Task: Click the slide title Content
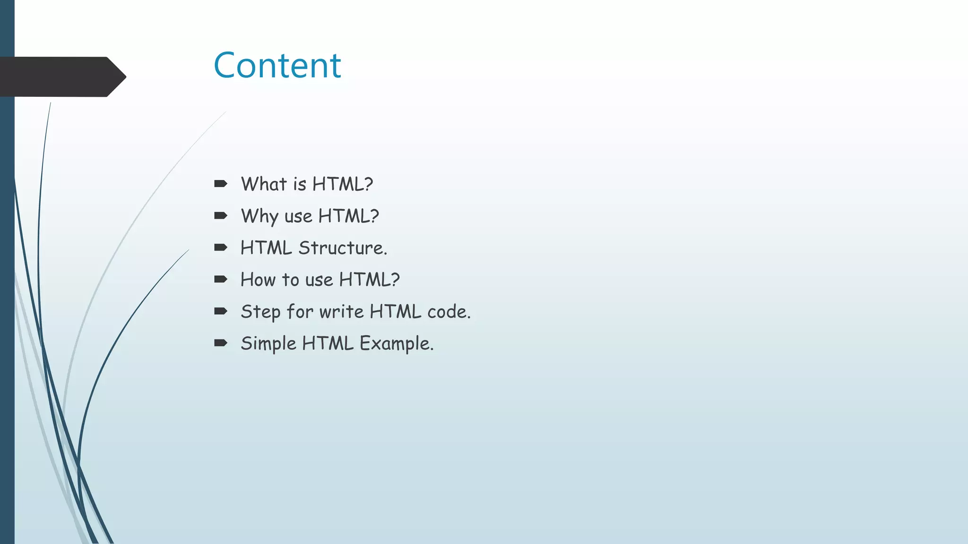tap(277, 65)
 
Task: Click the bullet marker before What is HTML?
tap(220, 184)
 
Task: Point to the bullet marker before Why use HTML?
tap(220, 216)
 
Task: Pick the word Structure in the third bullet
tap(343, 248)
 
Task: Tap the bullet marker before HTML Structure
tap(220, 247)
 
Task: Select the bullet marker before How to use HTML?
tap(220, 280)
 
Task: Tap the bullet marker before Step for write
tap(220, 311)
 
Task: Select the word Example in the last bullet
tap(396, 344)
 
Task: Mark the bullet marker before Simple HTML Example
tap(220, 343)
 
